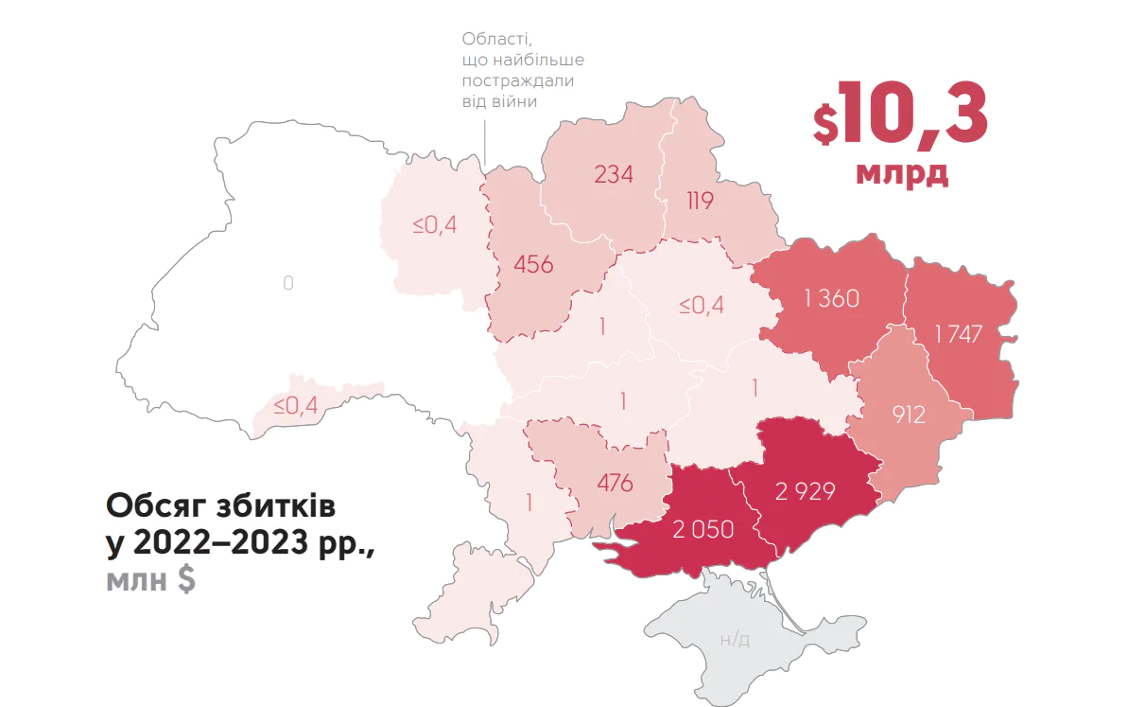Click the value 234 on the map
click(x=613, y=174)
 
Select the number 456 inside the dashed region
click(x=533, y=264)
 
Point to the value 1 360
click(x=831, y=299)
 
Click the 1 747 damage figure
click(x=959, y=334)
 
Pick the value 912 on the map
click(x=909, y=414)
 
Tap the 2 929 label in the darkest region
click(x=805, y=491)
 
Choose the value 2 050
click(x=703, y=529)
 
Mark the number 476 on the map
click(x=615, y=482)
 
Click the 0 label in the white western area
click(x=288, y=283)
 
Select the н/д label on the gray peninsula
click(x=735, y=640)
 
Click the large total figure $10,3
click(x=900, y=114)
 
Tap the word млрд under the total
click(x=901, y=174)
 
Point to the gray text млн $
click(x=150, y=579)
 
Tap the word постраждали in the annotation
click(x=518, y=80)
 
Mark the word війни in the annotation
click(x=516, y=101)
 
